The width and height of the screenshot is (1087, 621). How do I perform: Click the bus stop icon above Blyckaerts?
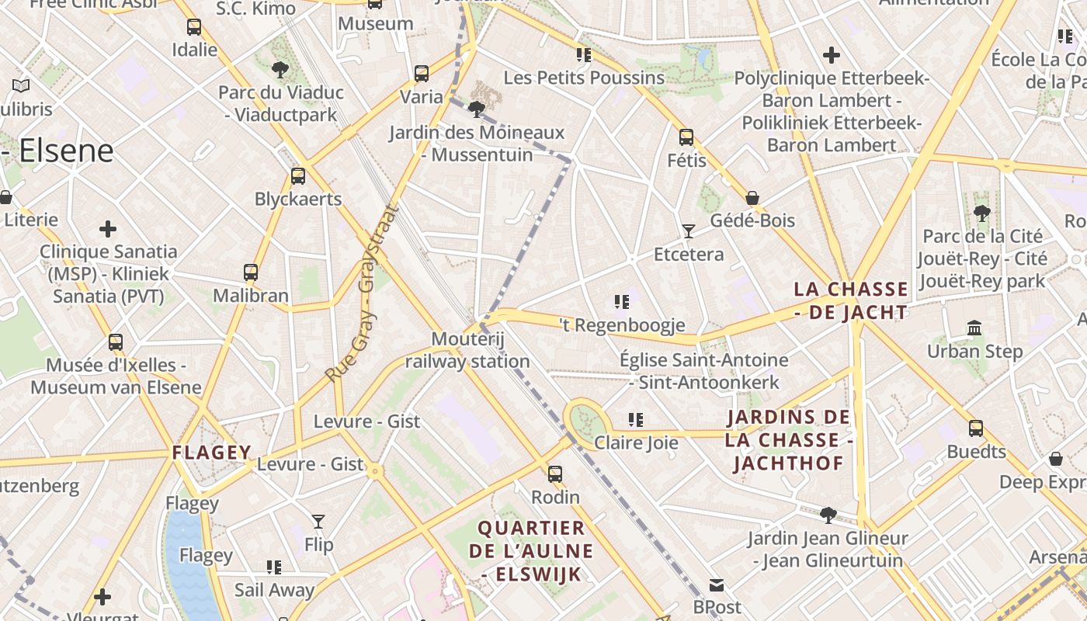tap(298, 176)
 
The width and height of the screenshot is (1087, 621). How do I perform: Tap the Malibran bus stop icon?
tap(250, 272)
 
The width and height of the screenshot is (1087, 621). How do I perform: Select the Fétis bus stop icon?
tap(686, 137)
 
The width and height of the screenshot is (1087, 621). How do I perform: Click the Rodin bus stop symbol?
tap(555, 474)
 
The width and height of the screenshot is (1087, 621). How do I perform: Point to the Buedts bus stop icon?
tap(976, 428)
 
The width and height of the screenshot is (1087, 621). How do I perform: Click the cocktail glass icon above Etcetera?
tap(688, 231)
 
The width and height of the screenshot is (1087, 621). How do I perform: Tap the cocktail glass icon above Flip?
tap(318, 521)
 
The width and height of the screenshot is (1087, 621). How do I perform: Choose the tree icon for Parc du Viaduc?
tap(280, 70)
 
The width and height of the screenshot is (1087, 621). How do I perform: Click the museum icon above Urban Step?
tap(974, 328)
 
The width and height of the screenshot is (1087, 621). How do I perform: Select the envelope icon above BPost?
tap(717, 585)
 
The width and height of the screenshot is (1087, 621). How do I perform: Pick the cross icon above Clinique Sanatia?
tap(108, 229)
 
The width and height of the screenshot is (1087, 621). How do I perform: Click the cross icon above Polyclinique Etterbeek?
tap(832, 55)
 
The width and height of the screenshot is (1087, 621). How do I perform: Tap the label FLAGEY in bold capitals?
tap(212, 453)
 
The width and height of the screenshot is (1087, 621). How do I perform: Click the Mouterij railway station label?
tap(467, 350)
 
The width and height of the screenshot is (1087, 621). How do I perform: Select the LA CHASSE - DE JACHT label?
tap(850, 301)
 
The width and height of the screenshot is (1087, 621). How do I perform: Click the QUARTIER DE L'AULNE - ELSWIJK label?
tap(531, 551)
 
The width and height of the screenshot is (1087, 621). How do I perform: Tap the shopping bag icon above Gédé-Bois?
tap(752, 198)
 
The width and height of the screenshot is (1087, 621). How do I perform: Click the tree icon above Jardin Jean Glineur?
tap(828, 515)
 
